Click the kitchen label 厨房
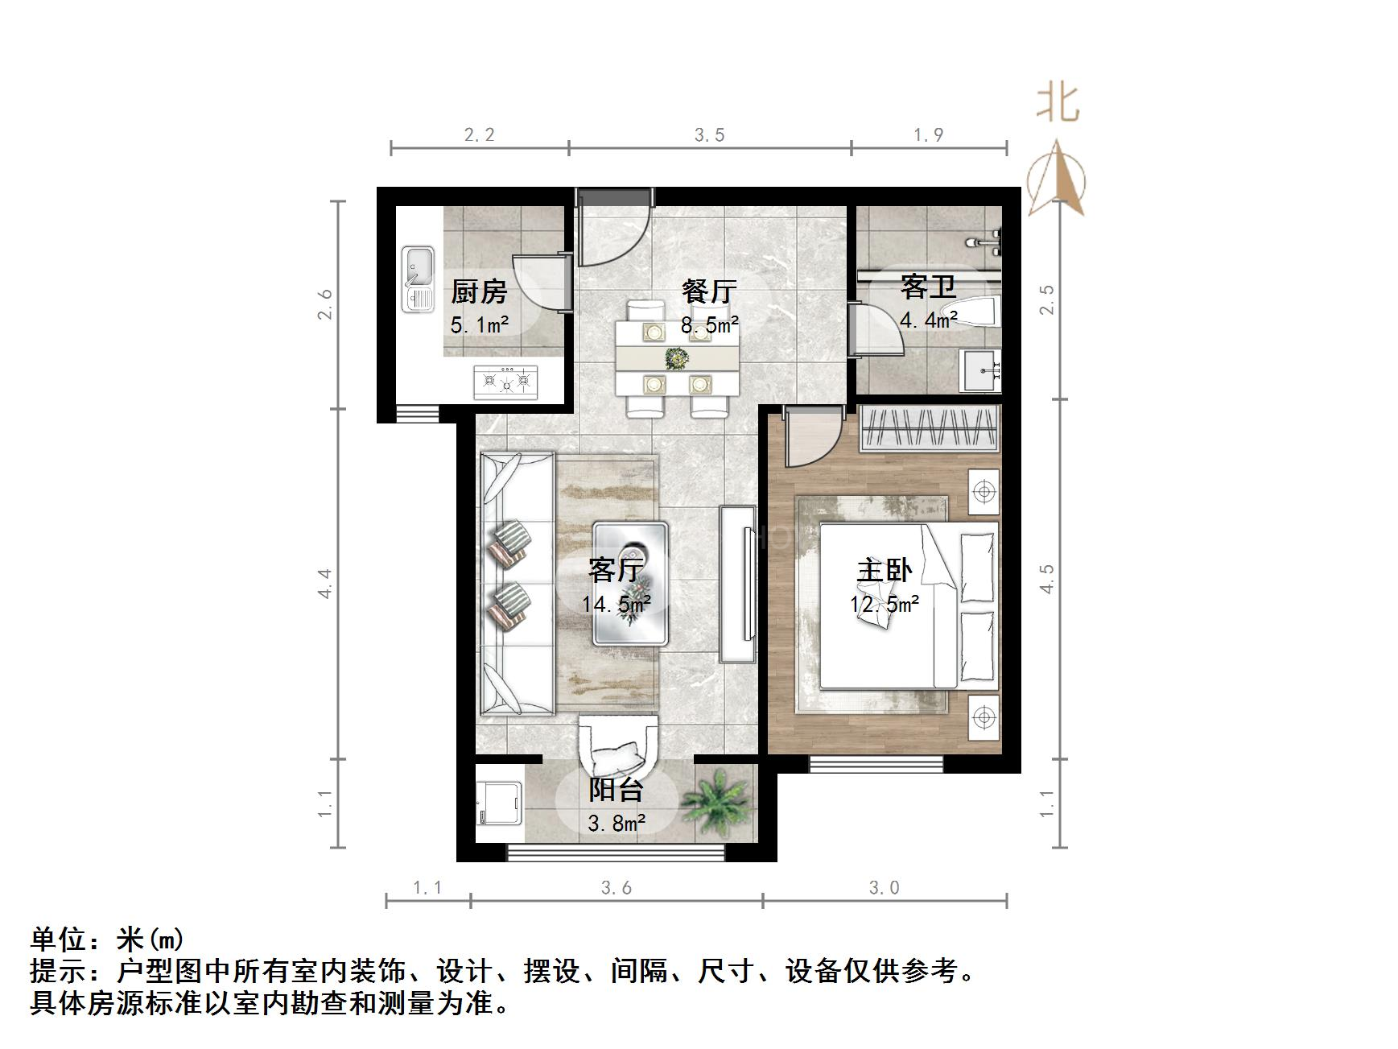coord(479,291)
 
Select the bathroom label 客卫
coord(928,286)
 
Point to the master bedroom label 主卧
coord(884,570)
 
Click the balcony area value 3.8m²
coord(616,824)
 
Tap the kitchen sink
coord(419,279)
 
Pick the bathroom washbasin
coord(981,371)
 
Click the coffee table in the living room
coord(630,583)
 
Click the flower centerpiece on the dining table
coord(677,357)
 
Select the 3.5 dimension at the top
coord(709,135)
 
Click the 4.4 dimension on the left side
coord(325,582)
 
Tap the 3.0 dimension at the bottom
coord(884,887)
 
